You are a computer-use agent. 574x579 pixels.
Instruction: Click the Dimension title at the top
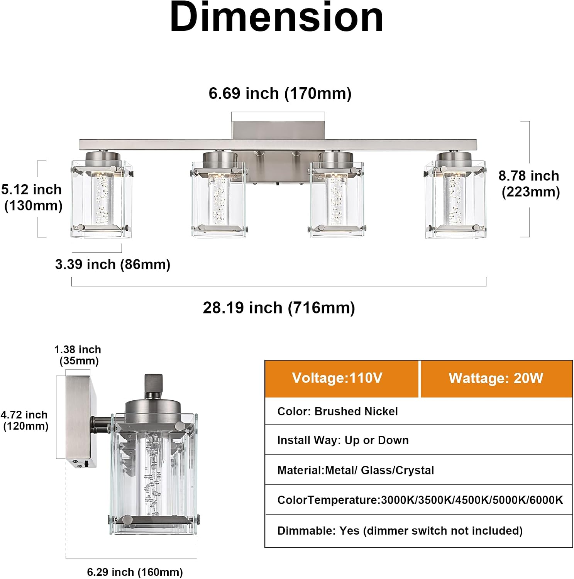276,17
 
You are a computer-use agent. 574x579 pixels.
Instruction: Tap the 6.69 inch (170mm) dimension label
280,94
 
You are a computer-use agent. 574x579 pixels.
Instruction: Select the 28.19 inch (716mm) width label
279,308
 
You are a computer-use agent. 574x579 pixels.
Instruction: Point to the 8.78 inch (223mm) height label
529,184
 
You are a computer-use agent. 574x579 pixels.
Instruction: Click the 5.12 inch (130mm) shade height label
32,197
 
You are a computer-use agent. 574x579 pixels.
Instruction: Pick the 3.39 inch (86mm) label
113,265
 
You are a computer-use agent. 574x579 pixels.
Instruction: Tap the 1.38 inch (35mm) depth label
78,355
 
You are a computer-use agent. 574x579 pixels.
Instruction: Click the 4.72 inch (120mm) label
24,420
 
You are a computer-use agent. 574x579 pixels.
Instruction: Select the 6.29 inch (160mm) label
135,572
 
